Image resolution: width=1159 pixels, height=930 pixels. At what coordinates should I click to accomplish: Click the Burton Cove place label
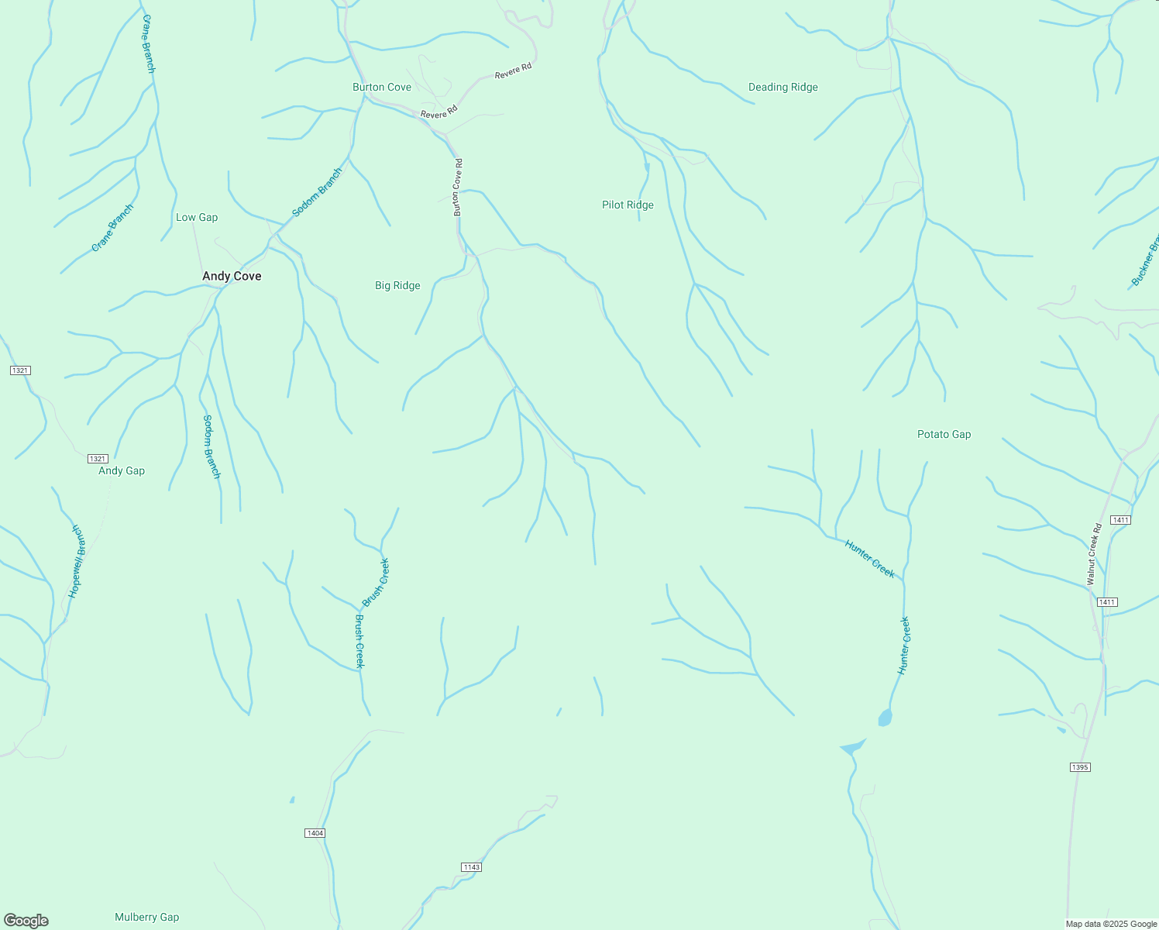pos(382,87)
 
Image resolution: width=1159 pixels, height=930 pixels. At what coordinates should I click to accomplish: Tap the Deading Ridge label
pos(782,87)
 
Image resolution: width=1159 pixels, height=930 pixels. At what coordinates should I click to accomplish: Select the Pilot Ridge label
pos(628,205)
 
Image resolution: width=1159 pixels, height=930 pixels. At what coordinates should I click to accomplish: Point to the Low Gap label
pos(197,217)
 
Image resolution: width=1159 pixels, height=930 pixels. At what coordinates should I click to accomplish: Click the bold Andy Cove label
pos(232,276)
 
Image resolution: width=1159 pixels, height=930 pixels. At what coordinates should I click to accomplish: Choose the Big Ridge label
pos(397,285)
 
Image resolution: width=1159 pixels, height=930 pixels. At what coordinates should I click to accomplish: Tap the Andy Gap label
pos(122,470)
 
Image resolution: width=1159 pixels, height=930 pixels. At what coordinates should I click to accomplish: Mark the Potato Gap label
pos(944,434)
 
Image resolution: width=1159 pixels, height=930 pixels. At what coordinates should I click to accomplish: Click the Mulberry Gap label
pos(146,917)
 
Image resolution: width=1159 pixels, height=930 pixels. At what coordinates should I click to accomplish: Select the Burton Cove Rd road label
pos(458,187)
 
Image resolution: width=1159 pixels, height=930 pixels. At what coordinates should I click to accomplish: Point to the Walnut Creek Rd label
pos(1093,555)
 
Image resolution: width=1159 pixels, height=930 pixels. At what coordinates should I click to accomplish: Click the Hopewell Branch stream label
pos(76,561)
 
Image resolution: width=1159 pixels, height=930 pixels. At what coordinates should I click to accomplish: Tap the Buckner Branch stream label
pos(1146,261)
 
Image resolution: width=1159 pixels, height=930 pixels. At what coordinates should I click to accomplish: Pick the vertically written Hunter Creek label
pos(903,646)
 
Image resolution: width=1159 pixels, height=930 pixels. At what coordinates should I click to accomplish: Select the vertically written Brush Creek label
pos(359,641)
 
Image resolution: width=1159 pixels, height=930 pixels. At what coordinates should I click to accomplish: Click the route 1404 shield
pos(315,833)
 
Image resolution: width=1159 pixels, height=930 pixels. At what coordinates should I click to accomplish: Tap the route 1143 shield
pos(471,866)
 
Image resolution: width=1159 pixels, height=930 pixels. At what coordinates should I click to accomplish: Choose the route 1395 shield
pos(1080,767)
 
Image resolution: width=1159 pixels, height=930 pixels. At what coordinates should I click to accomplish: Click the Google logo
pos(26,920)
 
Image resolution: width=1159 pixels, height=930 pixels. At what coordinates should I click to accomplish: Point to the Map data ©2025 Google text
pos(1111,924)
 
